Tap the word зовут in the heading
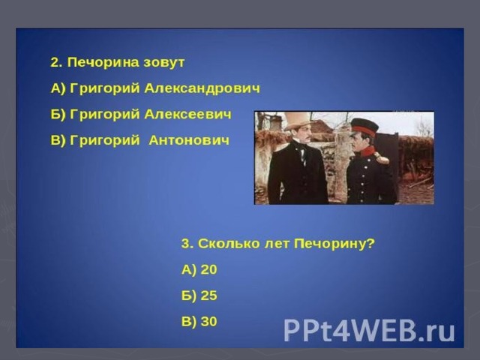click(164, 63)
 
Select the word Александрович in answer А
click(202, 88)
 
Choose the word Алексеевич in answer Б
click(187, 115)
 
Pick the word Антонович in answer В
click(189, 140)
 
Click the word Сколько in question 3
click(226, 244)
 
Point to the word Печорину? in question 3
click(334, 244)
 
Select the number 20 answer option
click(208, 270)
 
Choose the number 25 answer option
click(208, 295)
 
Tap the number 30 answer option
click(208, 322)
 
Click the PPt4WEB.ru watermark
click(369, 330)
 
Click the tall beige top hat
click(297, 121)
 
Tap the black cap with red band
click(364, 127)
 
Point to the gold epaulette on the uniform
click(382, 158)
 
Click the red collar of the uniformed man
click(368, 151)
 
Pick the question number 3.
click(186, 244)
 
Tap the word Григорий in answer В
click(105, 141)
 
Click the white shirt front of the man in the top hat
click(303, 155)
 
